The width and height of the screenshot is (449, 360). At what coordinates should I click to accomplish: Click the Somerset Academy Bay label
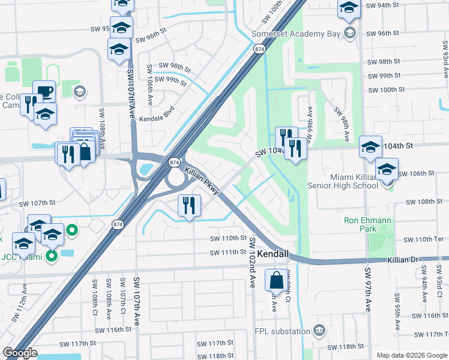coord(295,34)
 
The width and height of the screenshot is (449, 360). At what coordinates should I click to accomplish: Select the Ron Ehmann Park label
coord(367,224)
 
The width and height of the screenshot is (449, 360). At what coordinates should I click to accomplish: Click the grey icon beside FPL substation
coord(319,331)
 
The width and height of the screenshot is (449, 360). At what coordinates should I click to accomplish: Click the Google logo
coord(20,353)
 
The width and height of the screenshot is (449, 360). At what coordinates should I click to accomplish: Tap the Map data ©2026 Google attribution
coord(411,355)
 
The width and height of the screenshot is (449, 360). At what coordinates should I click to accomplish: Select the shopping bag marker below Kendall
coord(276,281)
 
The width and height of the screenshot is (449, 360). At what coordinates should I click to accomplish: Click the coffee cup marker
coord(44,92)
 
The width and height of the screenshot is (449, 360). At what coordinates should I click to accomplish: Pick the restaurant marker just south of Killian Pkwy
coord(189,206)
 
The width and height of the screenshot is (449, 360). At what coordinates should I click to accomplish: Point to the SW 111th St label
coord(228,252)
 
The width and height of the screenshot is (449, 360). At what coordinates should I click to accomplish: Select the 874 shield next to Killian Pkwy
coord(173,163)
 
